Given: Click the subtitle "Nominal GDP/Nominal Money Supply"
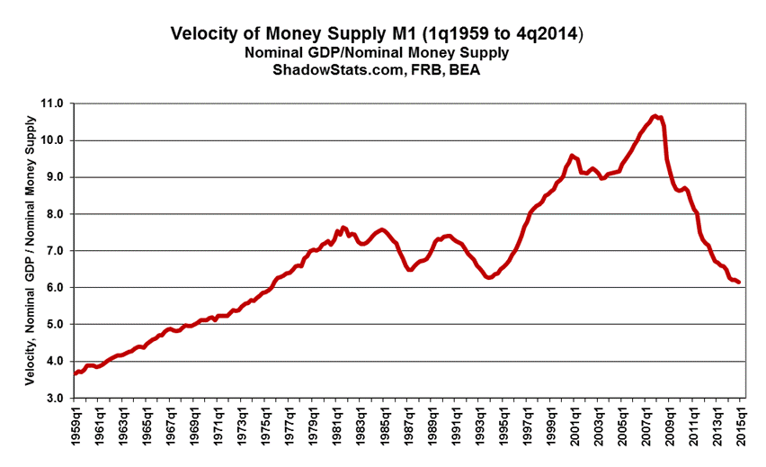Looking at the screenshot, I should tap(377, 53).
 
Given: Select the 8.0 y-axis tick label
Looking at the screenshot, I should tap(54, 214).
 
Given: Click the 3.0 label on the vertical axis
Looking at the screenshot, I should tap(54, 398).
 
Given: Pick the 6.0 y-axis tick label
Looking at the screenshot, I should tap(54, 288).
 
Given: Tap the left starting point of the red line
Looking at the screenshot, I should tap(75, 373).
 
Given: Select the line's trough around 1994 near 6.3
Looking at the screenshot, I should tap(489, 277).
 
